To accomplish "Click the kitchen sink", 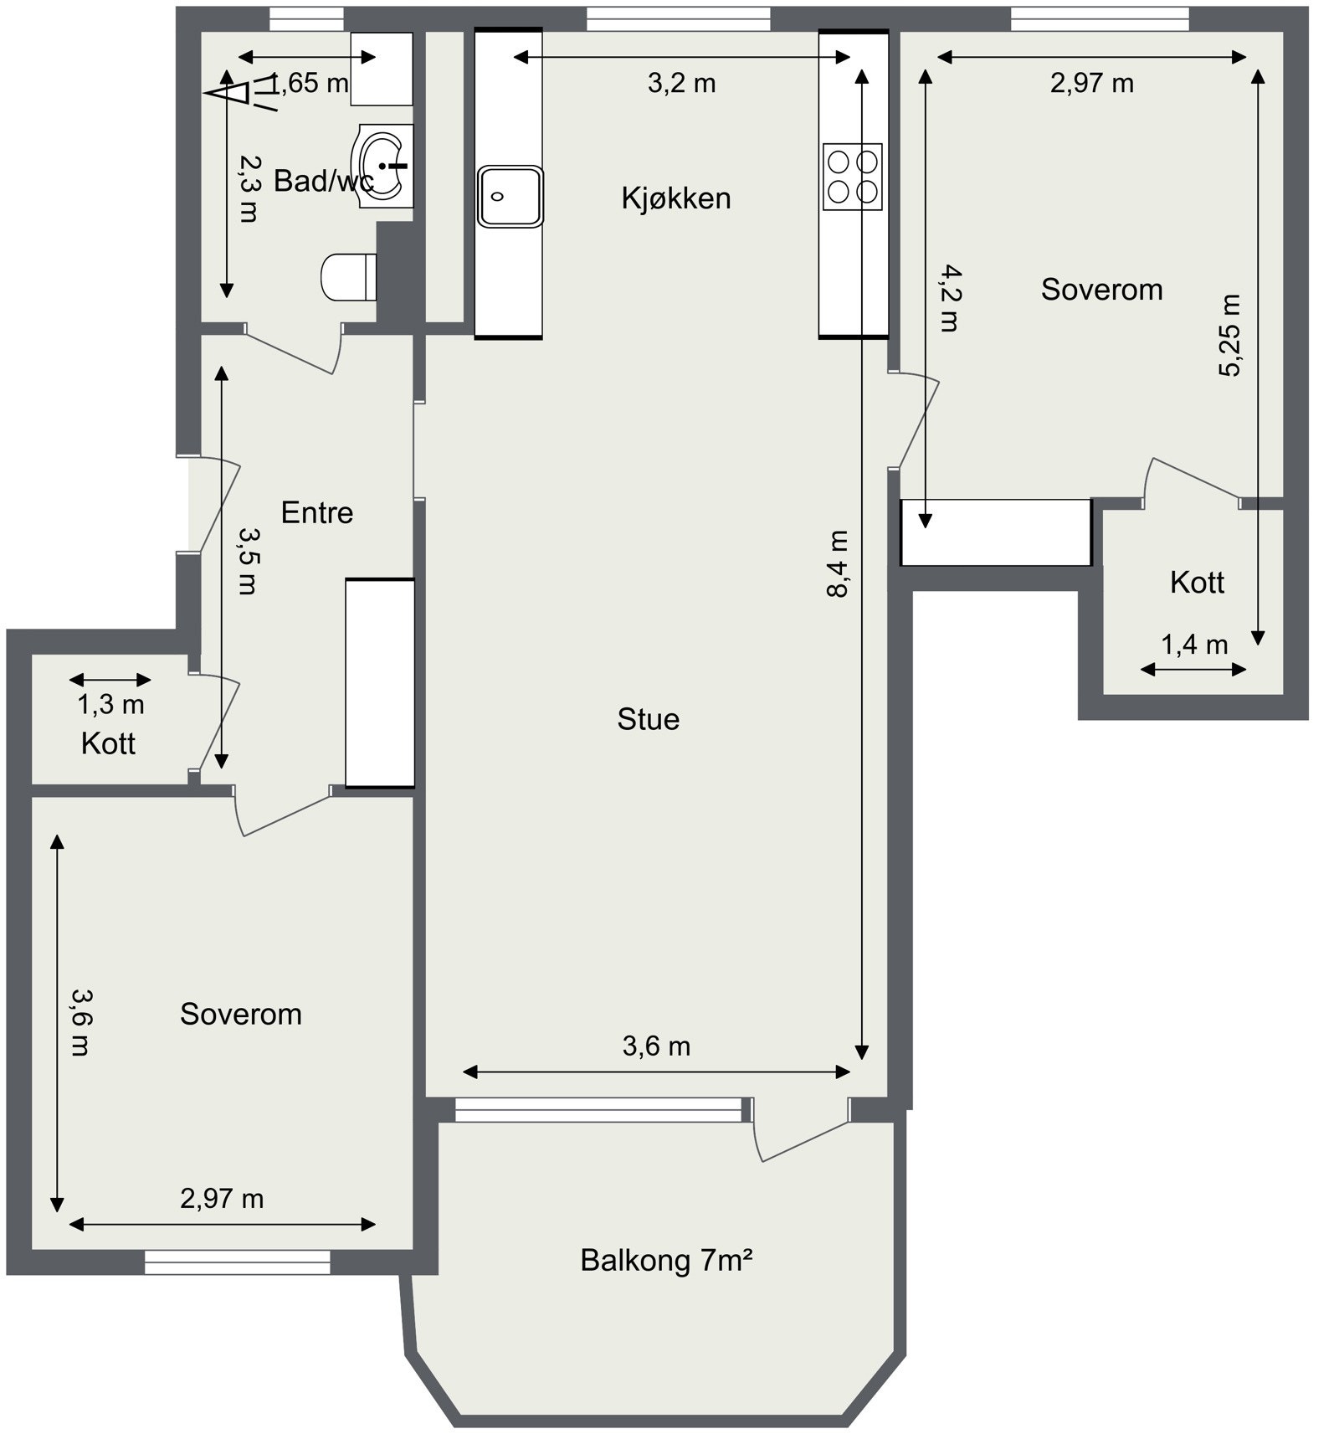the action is click(x=510, y=196).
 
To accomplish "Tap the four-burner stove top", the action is click(x=852, y=177).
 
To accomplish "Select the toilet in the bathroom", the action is click(x=349, y=277).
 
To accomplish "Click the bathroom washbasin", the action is click(x=385, y=166).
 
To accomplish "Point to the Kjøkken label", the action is click(x=676, y=198).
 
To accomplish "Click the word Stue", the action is click(x=649, y=719).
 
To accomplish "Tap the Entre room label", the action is click(x=317, y=512).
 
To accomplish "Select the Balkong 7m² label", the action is click(x=667, y=1260).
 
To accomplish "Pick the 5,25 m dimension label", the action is click(x=1229, y=336).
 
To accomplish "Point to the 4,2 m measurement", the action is click(x=949, y=298).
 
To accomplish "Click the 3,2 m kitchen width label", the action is click(x=682, y=83).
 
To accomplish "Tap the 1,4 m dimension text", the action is click(x=1195, y=645).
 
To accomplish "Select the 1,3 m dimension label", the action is click(x=111, y=705).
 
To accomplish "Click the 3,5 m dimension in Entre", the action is click(x=248, y=560).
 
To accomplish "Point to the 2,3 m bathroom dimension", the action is click(x=248, y=188).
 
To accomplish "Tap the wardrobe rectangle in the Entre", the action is click(x=380, y=683).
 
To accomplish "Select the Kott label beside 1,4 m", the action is click(x=1197, y=582).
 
